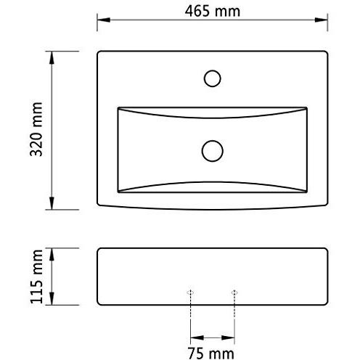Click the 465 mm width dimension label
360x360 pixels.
pos(213,10)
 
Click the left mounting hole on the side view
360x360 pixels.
pos(190,292)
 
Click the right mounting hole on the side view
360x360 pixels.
pos(234,292)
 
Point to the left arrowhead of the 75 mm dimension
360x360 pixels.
pos(194,337)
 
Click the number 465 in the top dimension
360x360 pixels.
pos(201,10)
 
